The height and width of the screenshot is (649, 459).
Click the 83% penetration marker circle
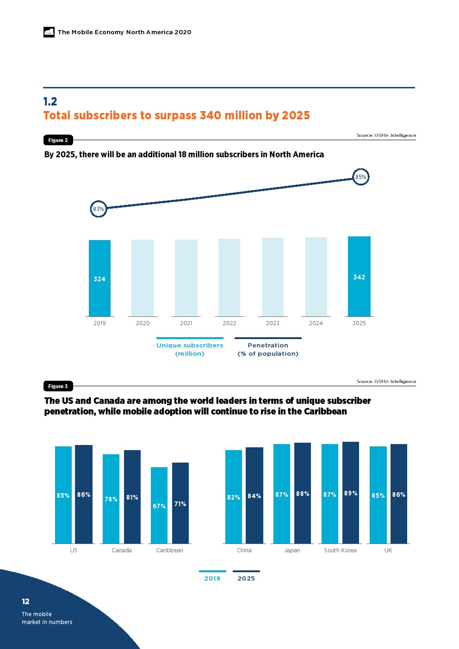(x=99, y=209)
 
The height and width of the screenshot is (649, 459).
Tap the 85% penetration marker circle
(x=360, y=177)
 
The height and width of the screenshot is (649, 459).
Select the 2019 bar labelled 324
(x=99, y=278)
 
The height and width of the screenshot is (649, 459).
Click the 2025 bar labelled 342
(x=359, y=276)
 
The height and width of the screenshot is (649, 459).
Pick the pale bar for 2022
(x=229, y=278)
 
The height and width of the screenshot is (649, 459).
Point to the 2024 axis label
(x=316, y=323)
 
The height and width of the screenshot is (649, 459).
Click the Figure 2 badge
(x=58, y=140)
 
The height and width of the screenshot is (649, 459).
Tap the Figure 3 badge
(x=58, y=386)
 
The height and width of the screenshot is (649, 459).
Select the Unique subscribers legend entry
(x=190, y=349)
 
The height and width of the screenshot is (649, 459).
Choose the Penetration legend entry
(x=268, y=349)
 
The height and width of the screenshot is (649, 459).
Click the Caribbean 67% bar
(x=159, y=505)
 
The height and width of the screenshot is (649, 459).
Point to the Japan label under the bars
(x=292, y=550)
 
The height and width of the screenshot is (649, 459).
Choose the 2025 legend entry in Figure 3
(x=246, y=578)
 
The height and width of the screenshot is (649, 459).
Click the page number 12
(x=25, y=601)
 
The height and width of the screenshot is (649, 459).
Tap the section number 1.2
(x=50, y=101)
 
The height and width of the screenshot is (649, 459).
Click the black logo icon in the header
(x=49, y=32)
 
